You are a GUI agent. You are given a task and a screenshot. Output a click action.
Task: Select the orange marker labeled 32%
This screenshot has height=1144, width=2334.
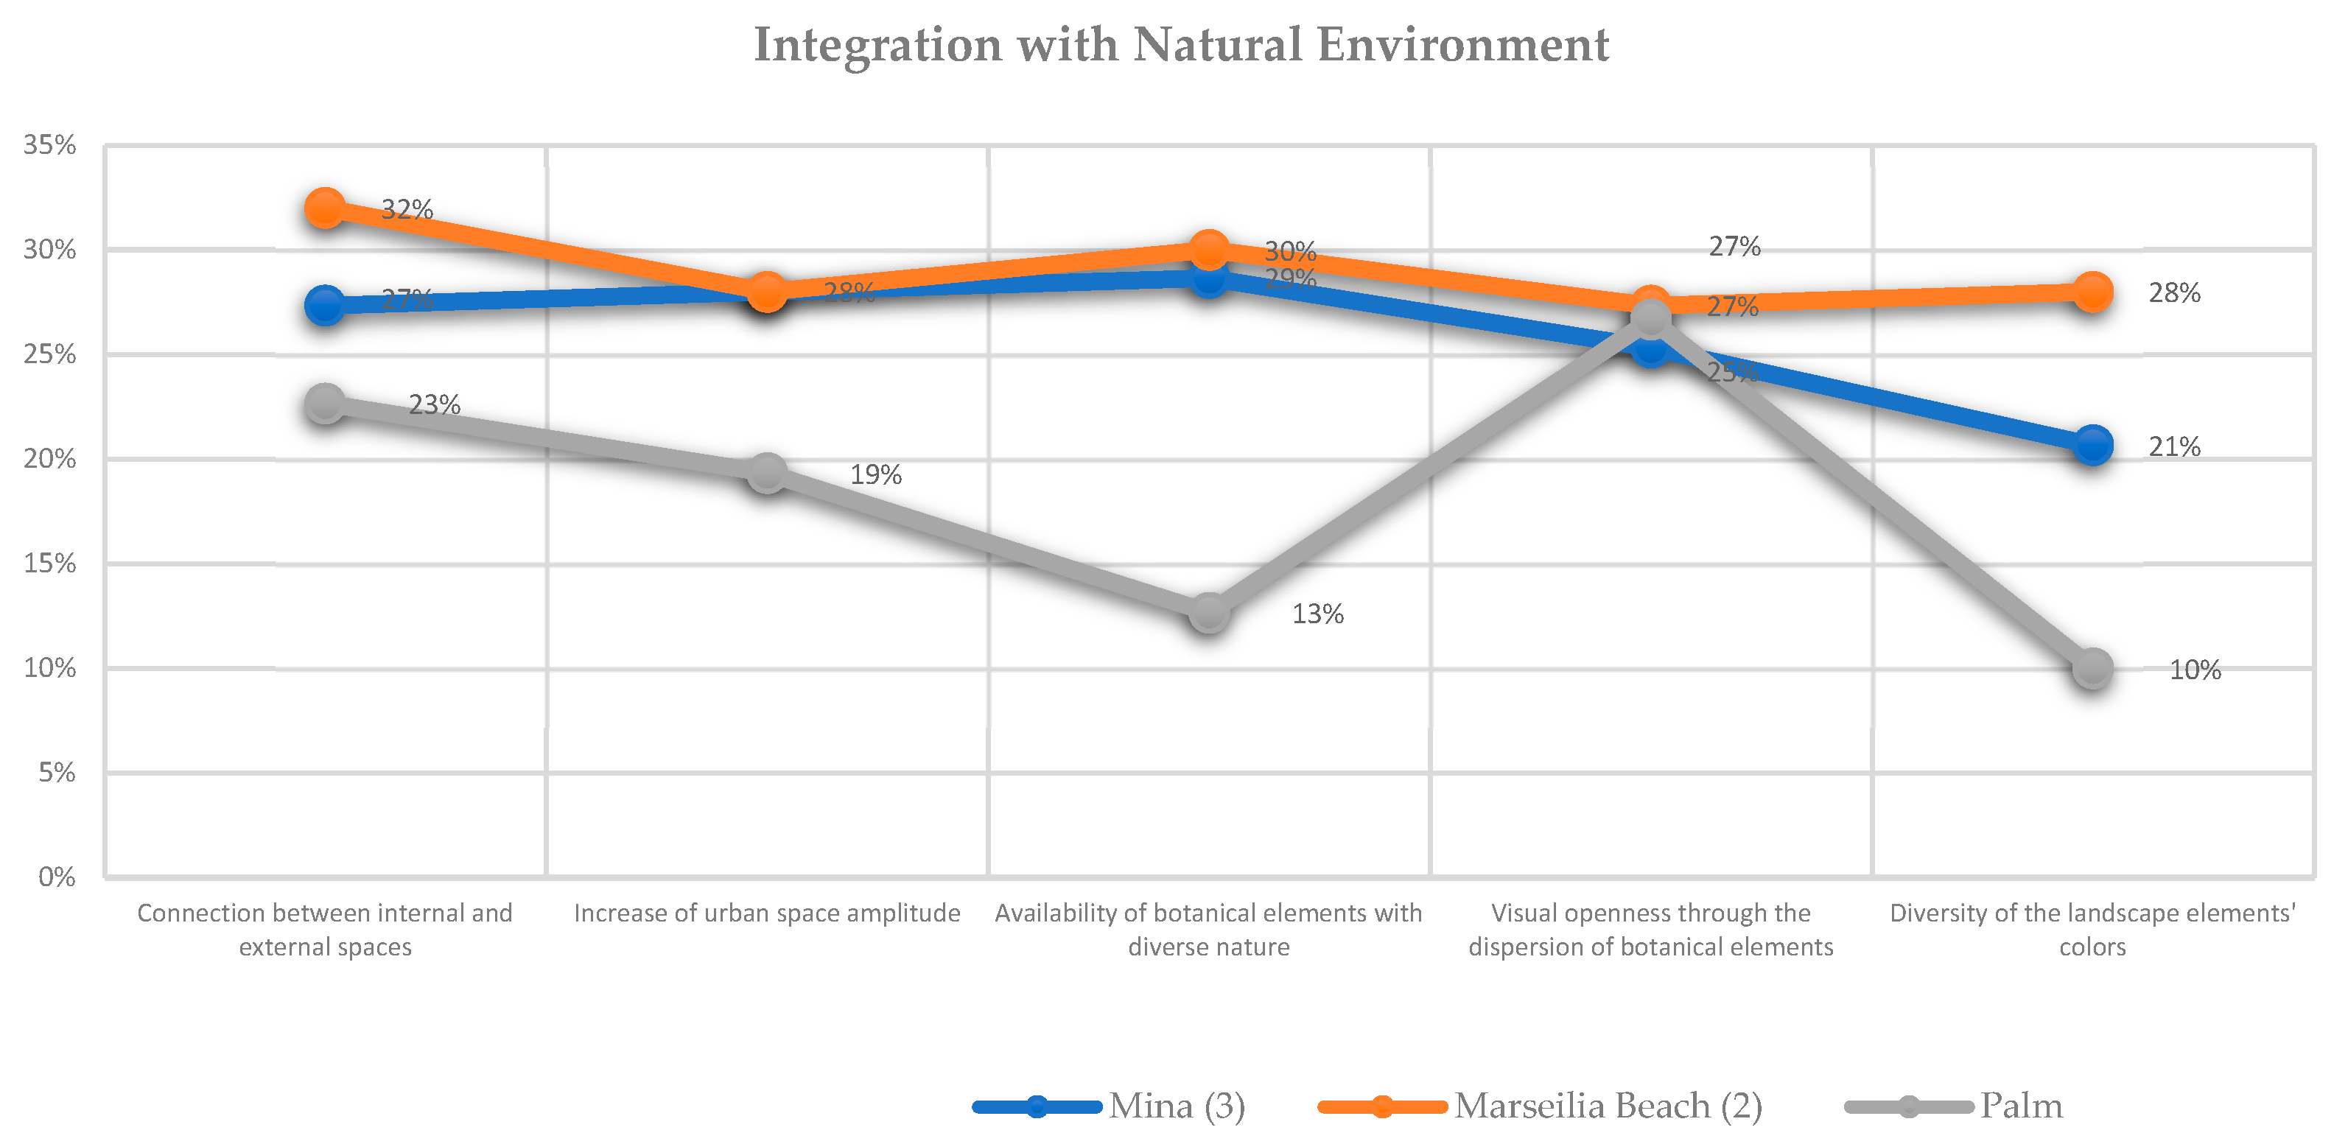pos(324,208)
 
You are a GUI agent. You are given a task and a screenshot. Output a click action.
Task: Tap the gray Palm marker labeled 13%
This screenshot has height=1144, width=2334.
pos(1209,613)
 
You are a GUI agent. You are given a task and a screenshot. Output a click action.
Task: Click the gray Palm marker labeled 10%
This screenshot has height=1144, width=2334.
pos(2092,668)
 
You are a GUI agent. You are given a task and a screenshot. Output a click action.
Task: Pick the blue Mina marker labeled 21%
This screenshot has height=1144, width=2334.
pos(2092,445)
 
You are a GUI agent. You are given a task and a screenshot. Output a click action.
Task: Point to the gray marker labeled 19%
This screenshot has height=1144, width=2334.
pos(766,472)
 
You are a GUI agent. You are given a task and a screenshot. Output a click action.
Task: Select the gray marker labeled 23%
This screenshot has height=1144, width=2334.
pos(324,402)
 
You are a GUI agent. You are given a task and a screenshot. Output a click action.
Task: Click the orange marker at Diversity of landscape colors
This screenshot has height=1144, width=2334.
pos(2092,292)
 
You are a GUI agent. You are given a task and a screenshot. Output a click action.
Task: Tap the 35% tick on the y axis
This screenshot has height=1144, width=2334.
pos(50,145)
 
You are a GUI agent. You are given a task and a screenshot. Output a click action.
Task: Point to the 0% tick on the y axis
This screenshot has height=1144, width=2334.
pos(56,877)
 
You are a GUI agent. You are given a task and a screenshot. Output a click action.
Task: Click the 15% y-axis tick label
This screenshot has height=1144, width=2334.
pos(50,564)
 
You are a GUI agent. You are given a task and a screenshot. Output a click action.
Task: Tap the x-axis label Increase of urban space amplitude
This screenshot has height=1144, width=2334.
pos(766,913)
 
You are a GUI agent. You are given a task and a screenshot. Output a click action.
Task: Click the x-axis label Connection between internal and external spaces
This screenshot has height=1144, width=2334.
pos(324,930)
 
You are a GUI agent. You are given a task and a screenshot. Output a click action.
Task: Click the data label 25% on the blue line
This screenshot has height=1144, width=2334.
pos(1731,371)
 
